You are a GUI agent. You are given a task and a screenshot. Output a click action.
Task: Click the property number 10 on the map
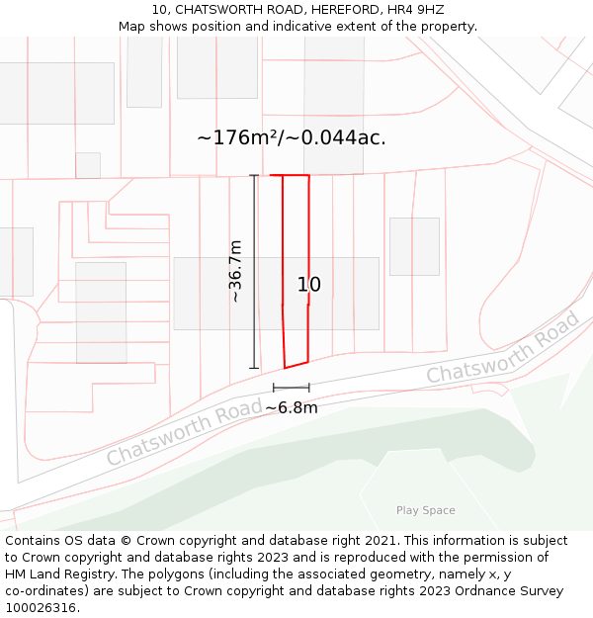(309, 285)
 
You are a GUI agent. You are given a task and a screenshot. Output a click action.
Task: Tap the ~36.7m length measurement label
(235, 271)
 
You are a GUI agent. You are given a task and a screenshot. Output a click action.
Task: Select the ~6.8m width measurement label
(292, 407)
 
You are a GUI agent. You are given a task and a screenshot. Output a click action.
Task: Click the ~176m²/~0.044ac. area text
(292, 137)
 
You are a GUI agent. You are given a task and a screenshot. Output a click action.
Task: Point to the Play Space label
(426, 510)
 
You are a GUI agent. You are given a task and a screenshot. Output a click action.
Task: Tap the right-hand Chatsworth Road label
(503, 350)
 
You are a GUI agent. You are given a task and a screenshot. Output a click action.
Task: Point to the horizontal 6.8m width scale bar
(292, 388)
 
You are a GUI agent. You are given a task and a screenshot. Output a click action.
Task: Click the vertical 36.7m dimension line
(254, 272)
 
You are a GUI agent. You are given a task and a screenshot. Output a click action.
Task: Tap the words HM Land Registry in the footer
(51, 574)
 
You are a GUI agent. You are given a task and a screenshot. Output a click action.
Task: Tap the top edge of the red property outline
(290, 176)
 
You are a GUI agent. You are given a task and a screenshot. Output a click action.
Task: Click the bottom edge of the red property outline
(296, 364)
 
